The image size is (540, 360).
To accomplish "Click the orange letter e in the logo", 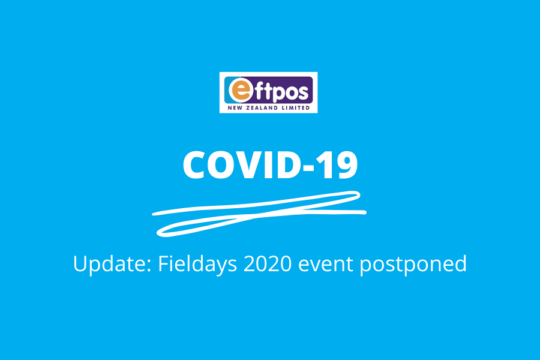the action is pyautogui.click(x=241, y=90).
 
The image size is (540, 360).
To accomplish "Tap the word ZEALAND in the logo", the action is pyautogui.click(x=260, y=108).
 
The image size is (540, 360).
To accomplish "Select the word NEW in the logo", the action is pyautogui.click(x=235, y=108).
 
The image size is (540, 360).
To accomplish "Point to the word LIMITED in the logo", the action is pyautogui.click(x=295, y=108).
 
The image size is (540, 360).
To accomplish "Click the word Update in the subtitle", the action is pyautogui.click(x=110, y=264).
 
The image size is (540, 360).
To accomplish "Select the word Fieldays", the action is pyautogui.click(x=197, y=265).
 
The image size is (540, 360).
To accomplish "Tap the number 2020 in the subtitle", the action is pyautogui.click(x=268, y=263).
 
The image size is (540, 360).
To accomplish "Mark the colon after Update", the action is pyautogui.click(x=149, y=266).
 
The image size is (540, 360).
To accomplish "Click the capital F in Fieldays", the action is pyautogui.click(x=163, y=263).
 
